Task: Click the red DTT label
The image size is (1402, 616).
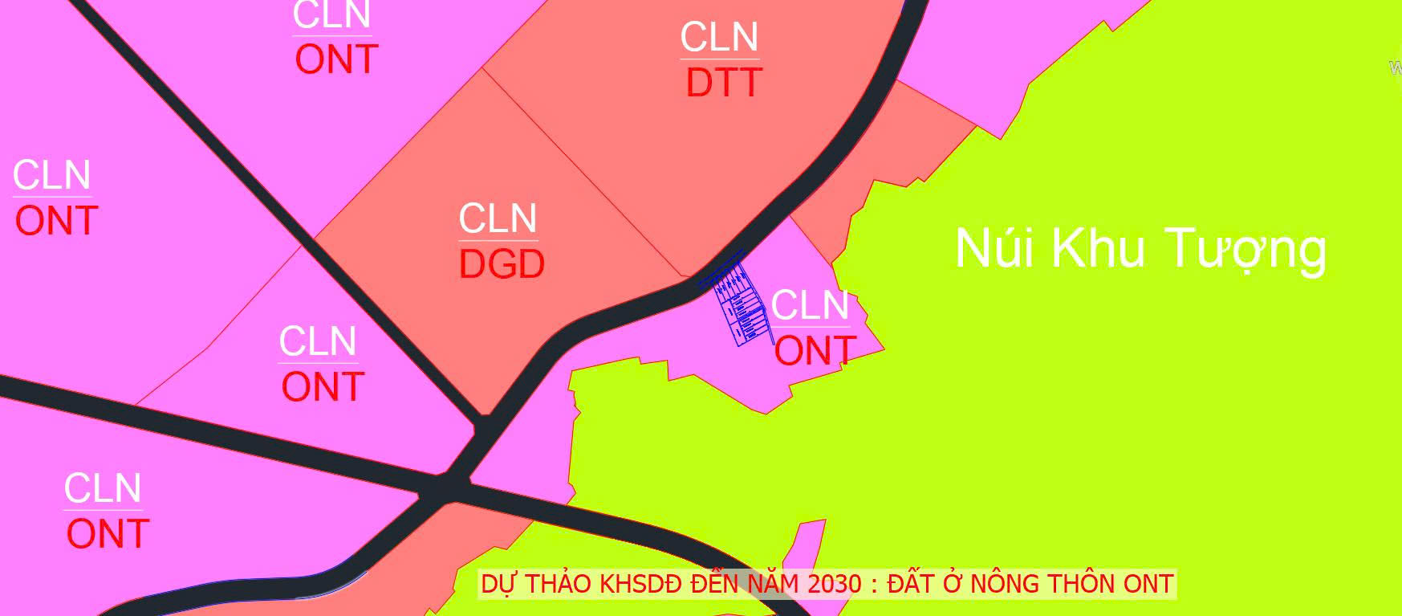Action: tap(724, 84)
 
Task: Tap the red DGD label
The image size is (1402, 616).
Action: tap(502, 265)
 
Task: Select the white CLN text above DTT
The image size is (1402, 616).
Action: tap(719, 38)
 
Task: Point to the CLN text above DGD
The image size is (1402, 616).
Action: tap(498, 218)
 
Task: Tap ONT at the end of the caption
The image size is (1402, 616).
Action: tap(1148, 584)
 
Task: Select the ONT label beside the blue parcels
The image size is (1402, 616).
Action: tap(815, 352)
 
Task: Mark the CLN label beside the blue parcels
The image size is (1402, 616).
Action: tap(810, 306)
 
